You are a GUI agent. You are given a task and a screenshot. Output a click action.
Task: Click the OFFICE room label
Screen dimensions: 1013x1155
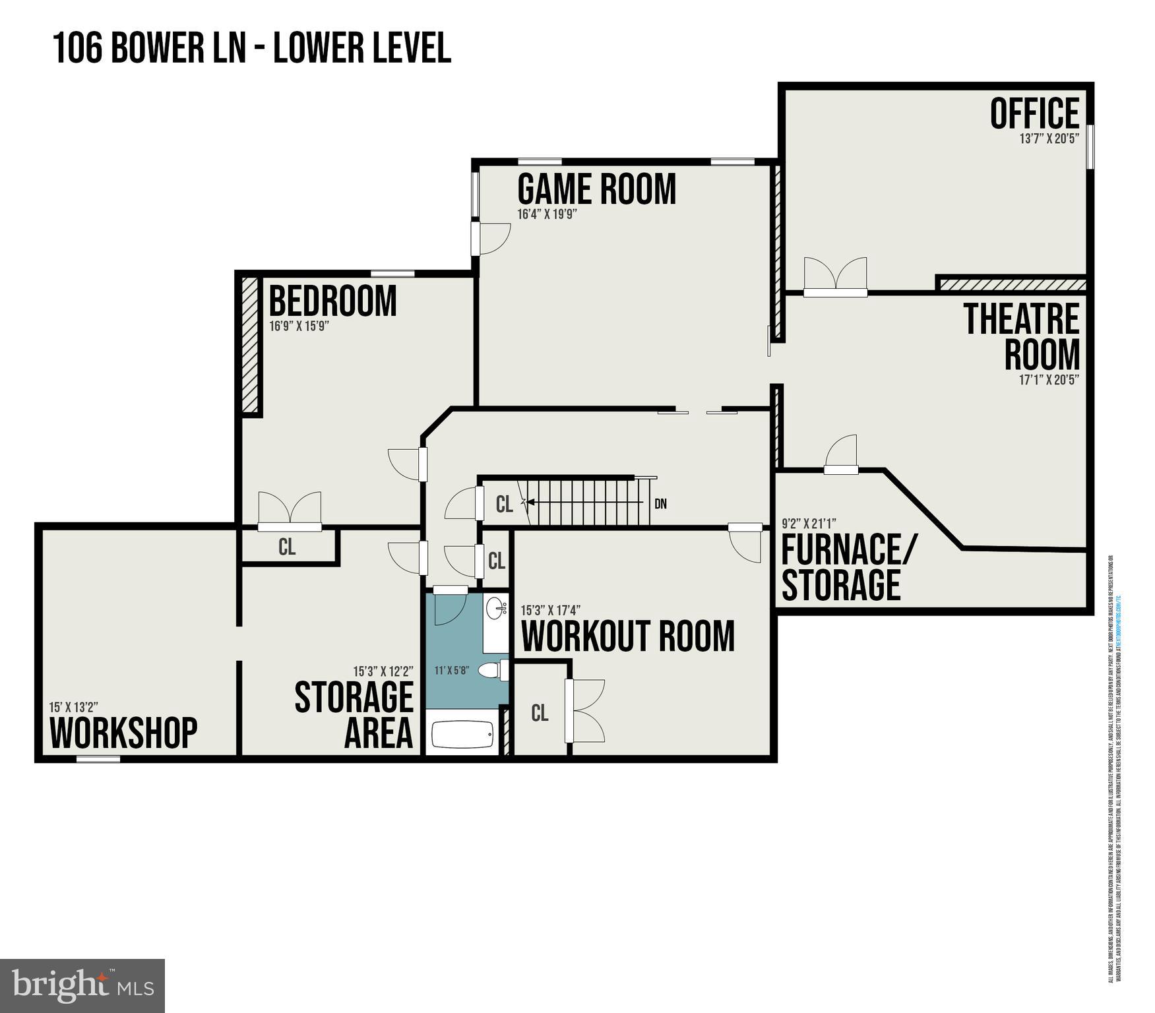[1034, 113]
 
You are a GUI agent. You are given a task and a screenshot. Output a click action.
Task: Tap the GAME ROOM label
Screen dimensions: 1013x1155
[596, 189]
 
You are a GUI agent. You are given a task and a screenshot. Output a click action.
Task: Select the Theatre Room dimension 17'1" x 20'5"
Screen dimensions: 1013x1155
[1049, 380]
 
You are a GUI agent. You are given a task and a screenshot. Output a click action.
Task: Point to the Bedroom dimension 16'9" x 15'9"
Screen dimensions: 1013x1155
[299, 326]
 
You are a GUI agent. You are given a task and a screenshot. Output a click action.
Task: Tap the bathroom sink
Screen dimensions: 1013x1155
[496, 608]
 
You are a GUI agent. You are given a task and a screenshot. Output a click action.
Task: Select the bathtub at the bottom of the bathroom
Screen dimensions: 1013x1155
[462, 735]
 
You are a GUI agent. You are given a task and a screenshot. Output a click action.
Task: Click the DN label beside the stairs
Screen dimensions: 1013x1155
[660, 504]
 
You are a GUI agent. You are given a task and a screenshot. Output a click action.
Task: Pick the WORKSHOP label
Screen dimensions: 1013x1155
[123, 732]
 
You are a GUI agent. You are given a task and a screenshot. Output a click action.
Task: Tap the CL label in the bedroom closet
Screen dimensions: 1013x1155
[287, 547]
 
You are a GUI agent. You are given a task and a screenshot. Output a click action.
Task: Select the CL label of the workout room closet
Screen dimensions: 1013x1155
[540, 713]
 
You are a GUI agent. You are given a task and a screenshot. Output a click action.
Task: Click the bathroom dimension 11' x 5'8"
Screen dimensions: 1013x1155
[451, 671]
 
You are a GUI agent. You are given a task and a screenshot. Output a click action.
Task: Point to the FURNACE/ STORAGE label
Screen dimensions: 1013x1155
[846, 567]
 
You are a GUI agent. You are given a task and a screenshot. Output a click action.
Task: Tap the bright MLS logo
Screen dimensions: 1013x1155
[82, 985]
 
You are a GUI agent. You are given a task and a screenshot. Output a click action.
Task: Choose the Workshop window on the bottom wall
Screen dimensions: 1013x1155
[98, 759]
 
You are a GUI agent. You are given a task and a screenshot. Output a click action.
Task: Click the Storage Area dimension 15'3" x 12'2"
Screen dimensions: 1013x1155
[383, 671]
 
